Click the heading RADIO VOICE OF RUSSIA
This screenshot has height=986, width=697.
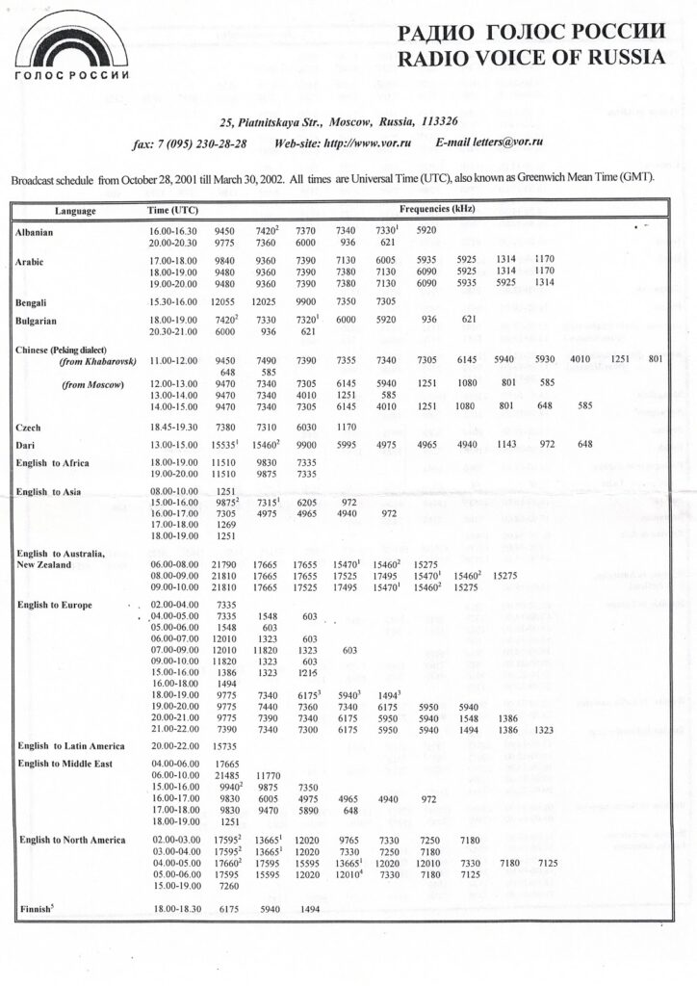point(530,58)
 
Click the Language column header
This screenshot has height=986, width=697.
point(75,210)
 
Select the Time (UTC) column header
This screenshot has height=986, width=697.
point(172,210)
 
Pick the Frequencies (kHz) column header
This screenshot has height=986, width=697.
point(437,209)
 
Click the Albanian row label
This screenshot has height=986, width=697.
point(35,233)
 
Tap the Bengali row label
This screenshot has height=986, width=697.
point(33,302)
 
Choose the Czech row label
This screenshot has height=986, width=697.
point(29,427)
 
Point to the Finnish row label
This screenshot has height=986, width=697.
point(36,909)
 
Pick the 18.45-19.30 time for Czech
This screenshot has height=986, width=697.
point(172,427)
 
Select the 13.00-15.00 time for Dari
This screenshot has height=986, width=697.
point(172,444)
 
